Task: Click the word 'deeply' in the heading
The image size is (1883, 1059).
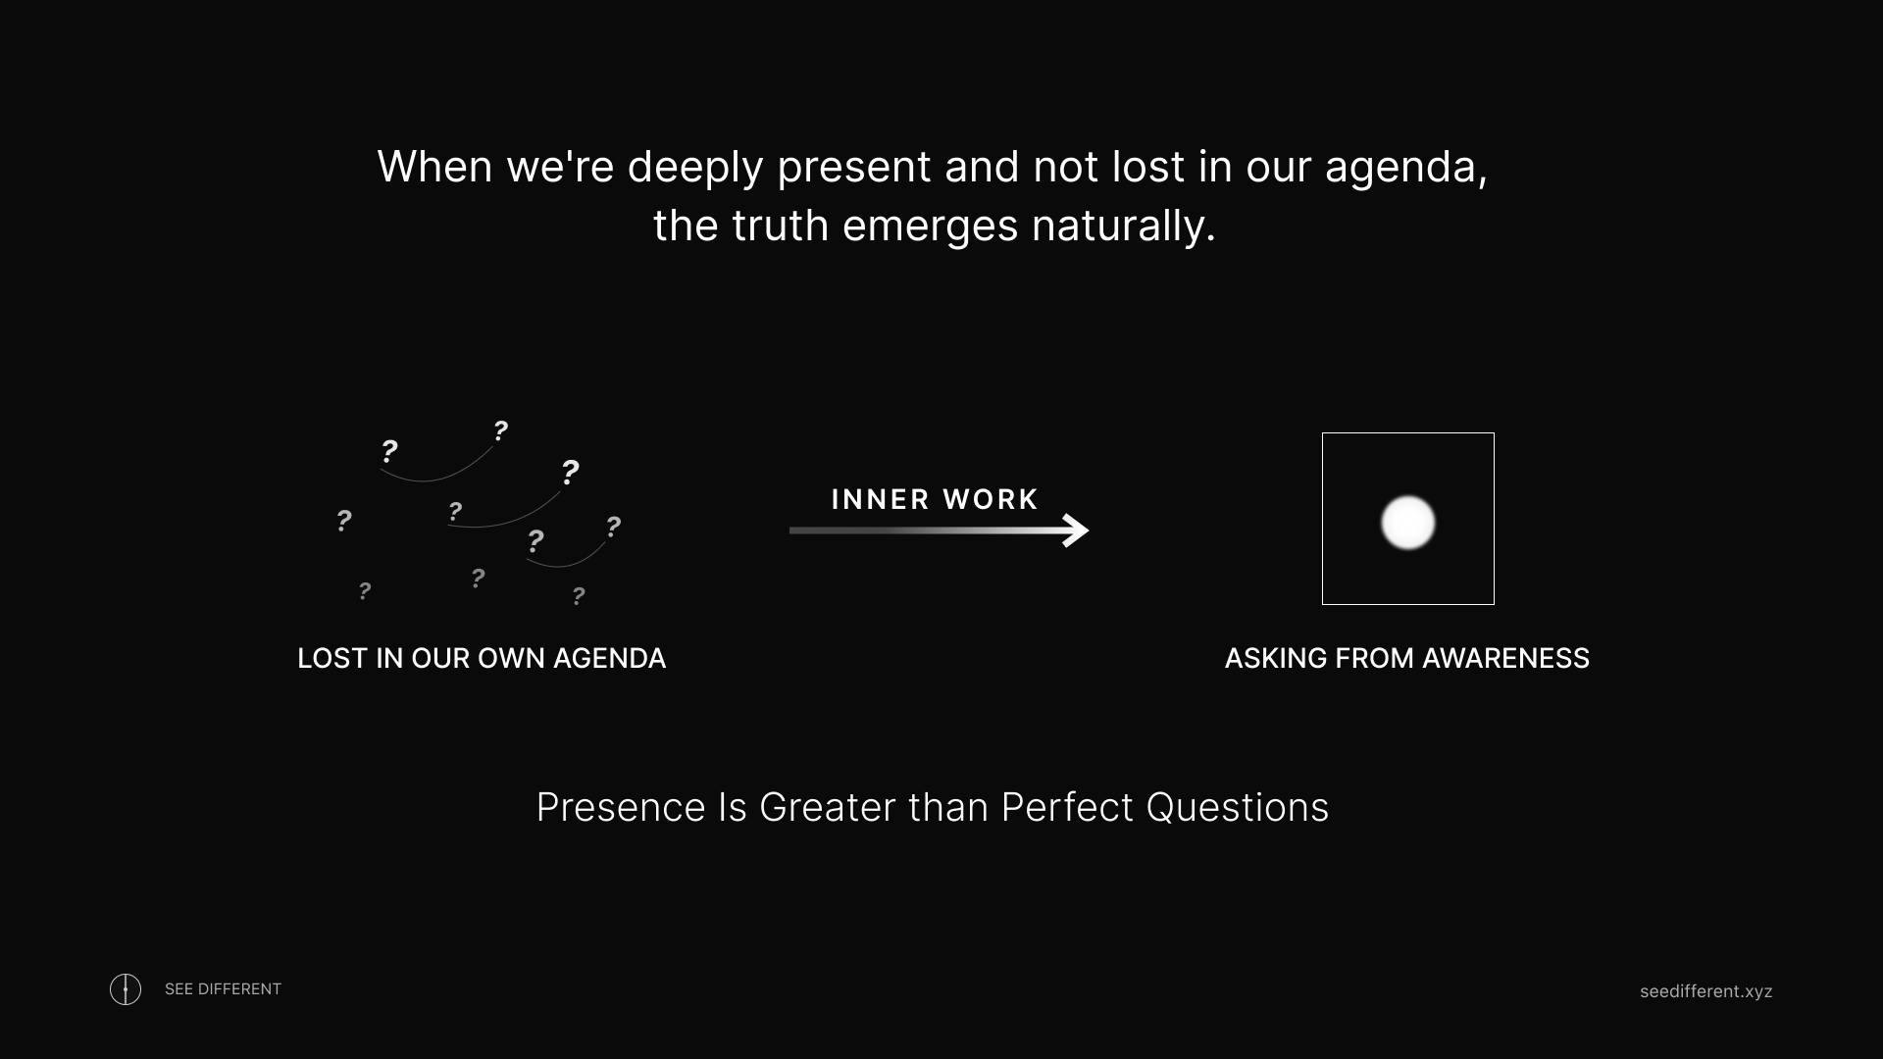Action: [x=695, y=168]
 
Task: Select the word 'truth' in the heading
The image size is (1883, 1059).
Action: [x=781, y=226]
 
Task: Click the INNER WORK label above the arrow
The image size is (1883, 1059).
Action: [x=935, y=499]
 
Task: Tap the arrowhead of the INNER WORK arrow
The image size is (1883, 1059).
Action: [x=1077, y=530]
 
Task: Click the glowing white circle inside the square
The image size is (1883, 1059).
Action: [x=1408, y=522]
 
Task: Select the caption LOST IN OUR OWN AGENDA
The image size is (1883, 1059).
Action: [x=482, y=658]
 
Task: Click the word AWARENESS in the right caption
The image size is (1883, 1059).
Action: [x=1505, y=658]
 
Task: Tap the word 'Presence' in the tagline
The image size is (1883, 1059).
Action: [x=621, y=808]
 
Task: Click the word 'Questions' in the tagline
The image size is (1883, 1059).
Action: [x=1237, y=808]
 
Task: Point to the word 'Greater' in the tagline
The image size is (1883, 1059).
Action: [x=827, y=808]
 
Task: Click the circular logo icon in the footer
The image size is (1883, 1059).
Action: [x=126, y=989]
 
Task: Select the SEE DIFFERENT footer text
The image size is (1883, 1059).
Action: [x=223, y=989]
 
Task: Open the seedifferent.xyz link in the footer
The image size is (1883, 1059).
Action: [x=1706, y=991]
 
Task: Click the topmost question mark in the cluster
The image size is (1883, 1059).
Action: [x=500, y=429]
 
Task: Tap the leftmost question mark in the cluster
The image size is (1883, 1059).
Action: [x=343, y=520]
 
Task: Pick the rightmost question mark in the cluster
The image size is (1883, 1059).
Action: [x=613, y=527]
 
